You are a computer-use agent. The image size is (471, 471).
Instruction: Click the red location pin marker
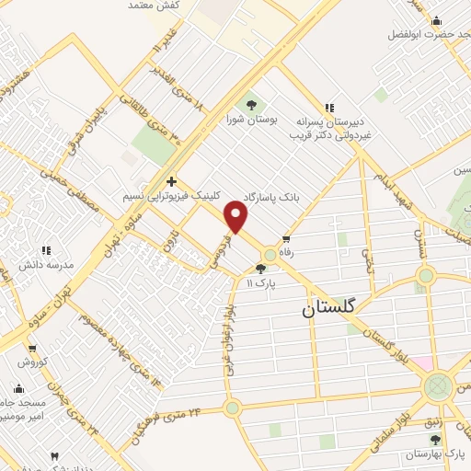(236, 217)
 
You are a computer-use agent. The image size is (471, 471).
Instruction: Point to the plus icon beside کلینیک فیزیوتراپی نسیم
(172, 181)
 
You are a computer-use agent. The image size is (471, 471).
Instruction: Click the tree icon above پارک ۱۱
(262, 269)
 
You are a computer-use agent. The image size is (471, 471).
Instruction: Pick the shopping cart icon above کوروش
(33, 349)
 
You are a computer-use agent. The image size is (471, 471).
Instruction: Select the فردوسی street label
(219, 248)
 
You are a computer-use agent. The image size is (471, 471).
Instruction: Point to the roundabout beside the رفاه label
(270, 255)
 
